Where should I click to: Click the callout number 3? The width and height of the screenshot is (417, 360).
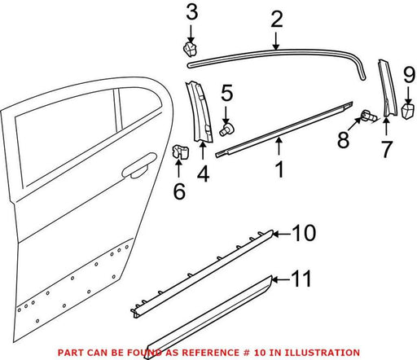(x=192, y=13)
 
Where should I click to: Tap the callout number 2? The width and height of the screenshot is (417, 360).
(x=277, y=20)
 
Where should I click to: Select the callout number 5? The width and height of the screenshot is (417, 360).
(x=226, y=93)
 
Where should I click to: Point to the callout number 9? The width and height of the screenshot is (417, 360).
(x=409, y=75)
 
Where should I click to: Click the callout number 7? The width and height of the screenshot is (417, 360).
(x=387, y=149)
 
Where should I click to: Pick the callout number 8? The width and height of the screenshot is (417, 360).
(x=344, y=140)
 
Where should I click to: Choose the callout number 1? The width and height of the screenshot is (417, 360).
(x=279, y=169)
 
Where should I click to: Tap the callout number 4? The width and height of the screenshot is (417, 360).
(x=203, y=174)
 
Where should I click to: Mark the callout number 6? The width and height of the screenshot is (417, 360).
(x=179, y=191)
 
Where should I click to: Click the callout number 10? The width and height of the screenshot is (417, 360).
(x=304, y=233)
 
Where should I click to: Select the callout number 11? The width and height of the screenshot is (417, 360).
(x=301, y=279)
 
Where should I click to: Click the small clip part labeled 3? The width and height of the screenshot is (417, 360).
(x=190, y=50)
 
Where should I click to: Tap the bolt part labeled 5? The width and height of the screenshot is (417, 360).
(x=226, y=130)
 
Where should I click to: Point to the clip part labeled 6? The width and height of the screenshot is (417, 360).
(x=181, y=151)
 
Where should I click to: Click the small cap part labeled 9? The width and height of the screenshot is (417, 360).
(x=408, y=111)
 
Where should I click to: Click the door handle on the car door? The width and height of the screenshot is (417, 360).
(x=139, y=166)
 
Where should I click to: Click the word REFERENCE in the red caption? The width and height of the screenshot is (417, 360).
(x=208, y=353)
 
